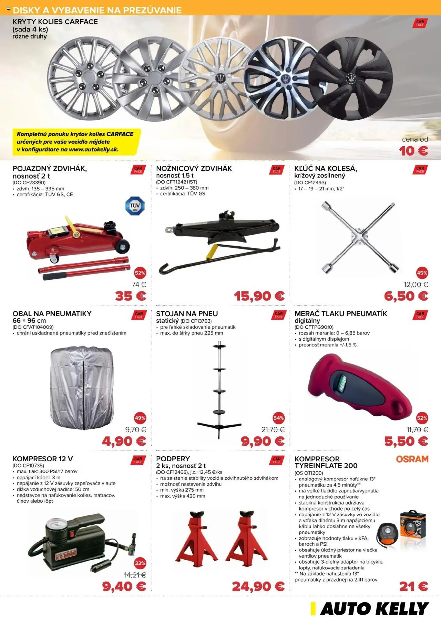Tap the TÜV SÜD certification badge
tap(135, 206)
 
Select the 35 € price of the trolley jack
tap(130, 296)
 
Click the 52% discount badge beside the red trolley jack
tap(140, 273)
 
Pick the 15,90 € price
tap(259, 296)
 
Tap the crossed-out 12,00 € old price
tap(416, 285)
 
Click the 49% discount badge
tap(140, 418)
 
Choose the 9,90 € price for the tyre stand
tap(263, 441)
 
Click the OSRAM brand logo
tap(412, 459)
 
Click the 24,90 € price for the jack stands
tap(258, 586)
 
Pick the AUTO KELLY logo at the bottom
tap(370, 609)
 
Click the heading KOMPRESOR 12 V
tap(43, 459)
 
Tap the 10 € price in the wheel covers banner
tap(413, 151)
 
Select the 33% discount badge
tap(140, 563)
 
